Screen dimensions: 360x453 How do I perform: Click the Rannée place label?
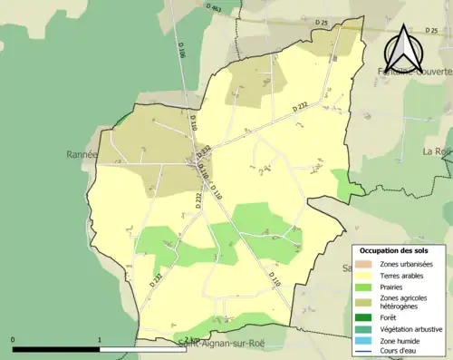click(78, 155)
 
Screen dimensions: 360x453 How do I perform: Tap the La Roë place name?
click(437, 151)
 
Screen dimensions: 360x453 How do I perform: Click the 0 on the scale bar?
click(14, 339)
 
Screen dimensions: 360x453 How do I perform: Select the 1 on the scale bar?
click(100, 339)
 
